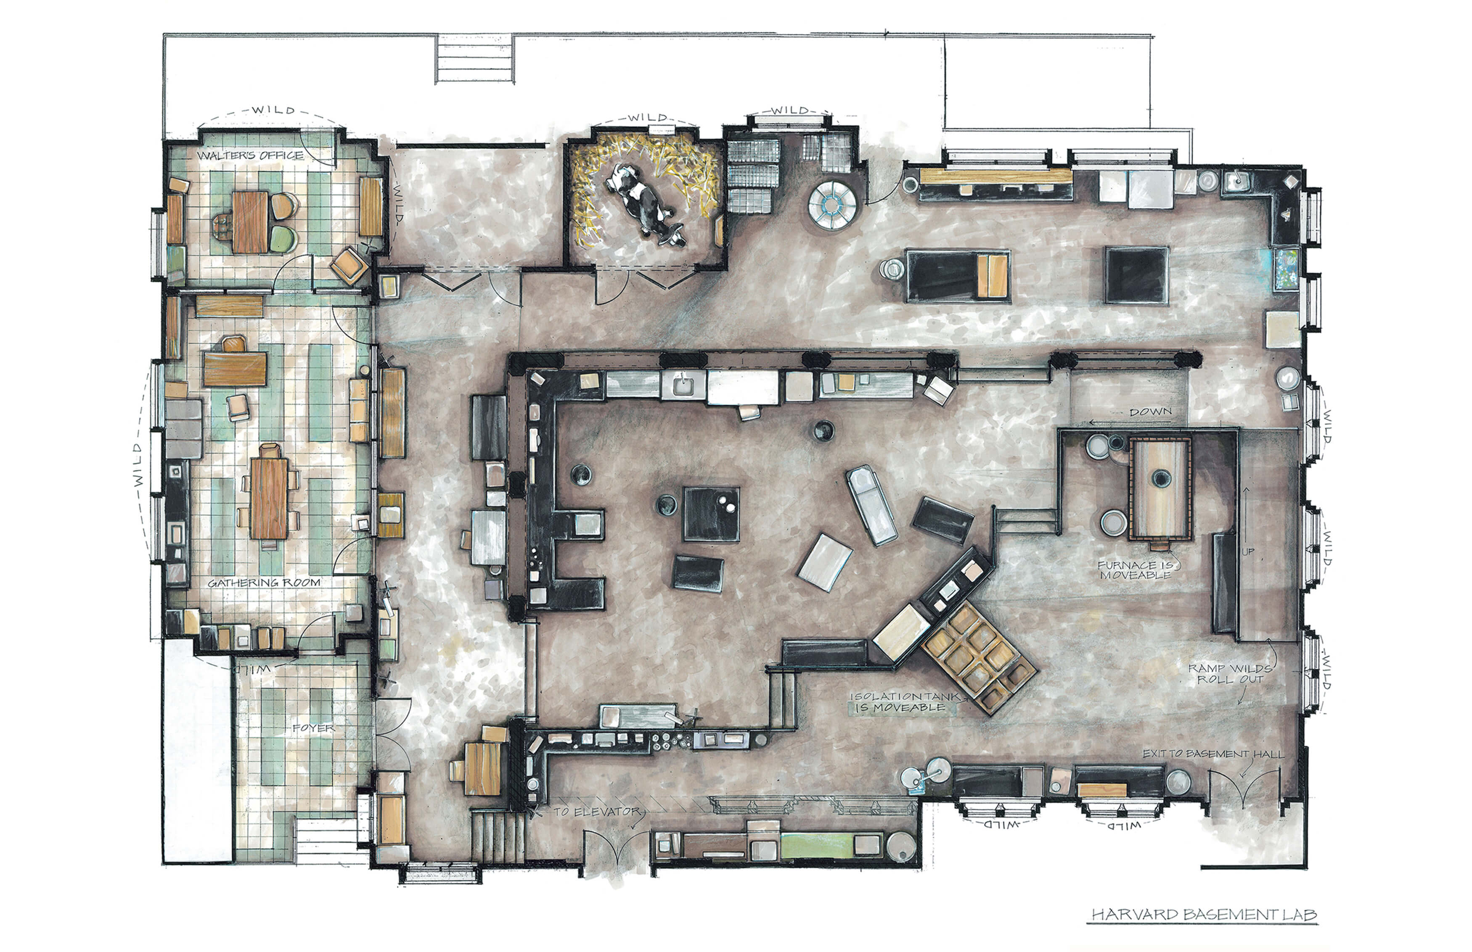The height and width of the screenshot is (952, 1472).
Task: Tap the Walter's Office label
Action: pyautogui.click(x=251, y=155)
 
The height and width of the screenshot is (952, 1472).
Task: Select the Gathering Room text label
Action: pyautogui.click(x=264, y=582)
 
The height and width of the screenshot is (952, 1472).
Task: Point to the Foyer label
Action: pyautogui.click(x=314, y=728)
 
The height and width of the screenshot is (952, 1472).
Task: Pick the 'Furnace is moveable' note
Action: pyautogui.click(x=1134, y=570)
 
